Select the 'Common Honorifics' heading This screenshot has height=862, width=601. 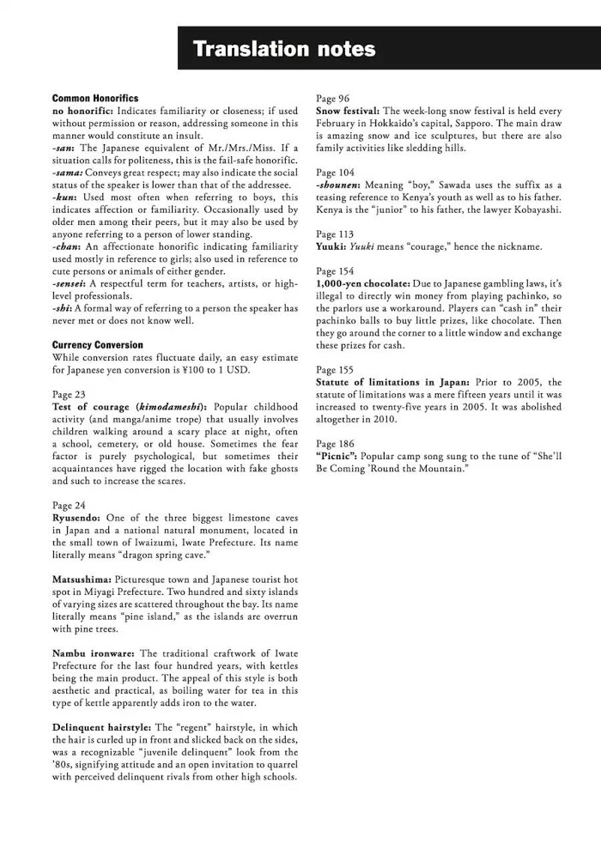[94, 99]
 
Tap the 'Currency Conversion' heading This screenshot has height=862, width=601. [98, 345]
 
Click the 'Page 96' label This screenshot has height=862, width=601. [332, 99]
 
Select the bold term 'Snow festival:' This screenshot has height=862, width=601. [348, 112]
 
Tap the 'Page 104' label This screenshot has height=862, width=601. [335, 173]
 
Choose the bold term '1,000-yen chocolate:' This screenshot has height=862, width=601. [368, 283]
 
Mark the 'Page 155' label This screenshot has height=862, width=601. [335, 370]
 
